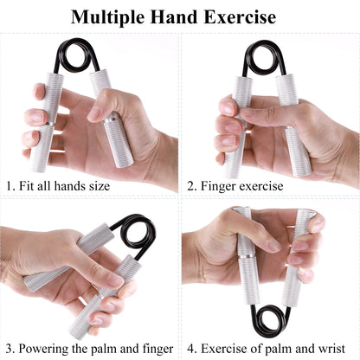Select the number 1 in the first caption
[9, 185]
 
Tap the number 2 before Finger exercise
[191, 185]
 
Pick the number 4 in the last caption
[191, 350]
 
